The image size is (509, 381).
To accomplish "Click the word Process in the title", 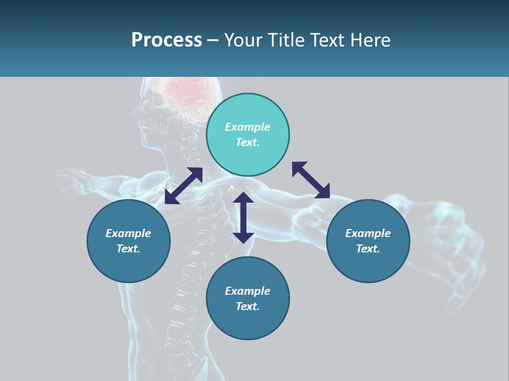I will click(166, 40).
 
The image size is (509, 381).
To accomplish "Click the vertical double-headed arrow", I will click(243, 217).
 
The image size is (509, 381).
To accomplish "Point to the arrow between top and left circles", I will click(183, 186).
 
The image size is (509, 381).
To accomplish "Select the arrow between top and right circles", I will click(311, 180).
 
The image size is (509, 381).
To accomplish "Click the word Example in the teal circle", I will click(248, 127).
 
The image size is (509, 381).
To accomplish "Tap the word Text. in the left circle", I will click(128, 249).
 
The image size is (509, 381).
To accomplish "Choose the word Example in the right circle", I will click(368, 233).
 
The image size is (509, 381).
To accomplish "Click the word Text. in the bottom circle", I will click(248, 306).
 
